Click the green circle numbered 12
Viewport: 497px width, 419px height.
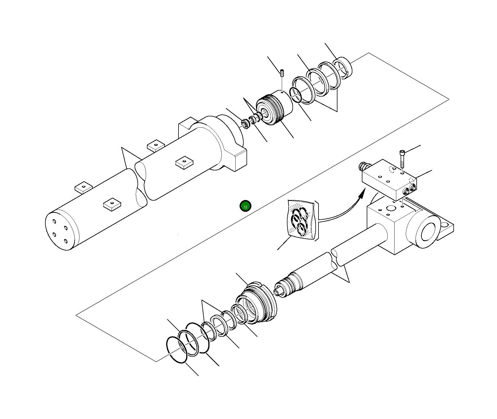245,206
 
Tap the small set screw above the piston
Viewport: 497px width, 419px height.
282,73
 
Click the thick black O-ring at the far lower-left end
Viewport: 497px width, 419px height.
177,349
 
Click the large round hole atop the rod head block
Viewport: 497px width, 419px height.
391,208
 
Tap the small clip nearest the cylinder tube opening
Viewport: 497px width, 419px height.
245,124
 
